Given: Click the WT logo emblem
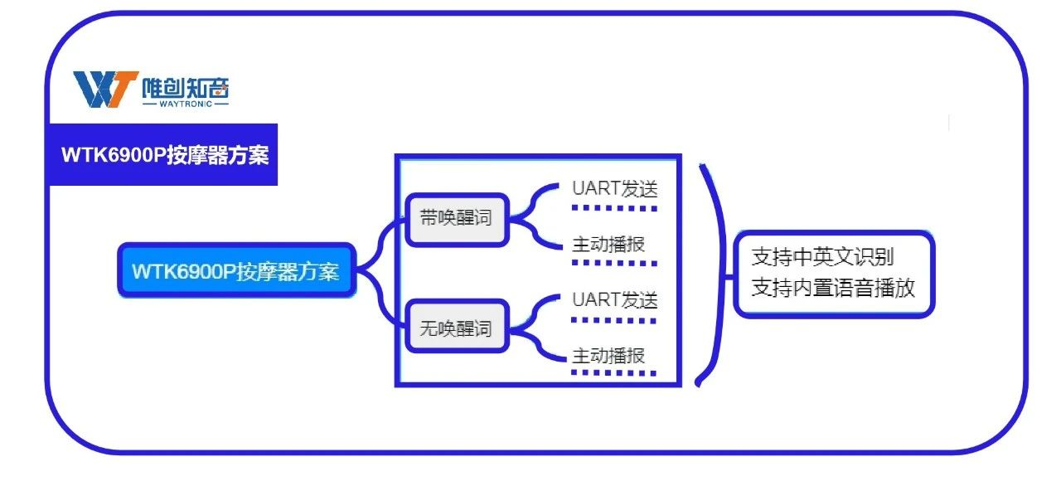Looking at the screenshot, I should [104, 89].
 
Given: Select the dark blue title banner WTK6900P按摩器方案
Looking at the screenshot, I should [164, 155].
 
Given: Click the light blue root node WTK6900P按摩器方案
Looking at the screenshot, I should [236, 271].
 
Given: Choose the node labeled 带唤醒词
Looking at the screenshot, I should [455, 219].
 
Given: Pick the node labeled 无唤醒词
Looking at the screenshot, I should [455, 328].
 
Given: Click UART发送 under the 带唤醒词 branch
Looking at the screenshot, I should [614, 189].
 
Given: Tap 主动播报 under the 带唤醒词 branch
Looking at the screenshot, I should [608, 245].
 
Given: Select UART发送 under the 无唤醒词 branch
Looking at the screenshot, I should [614, 299].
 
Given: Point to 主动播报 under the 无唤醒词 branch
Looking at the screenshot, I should [608, 356].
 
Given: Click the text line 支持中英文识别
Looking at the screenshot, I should [822, 256].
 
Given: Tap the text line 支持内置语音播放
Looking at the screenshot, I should [833, 288].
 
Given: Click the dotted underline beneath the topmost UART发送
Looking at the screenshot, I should [614, 207].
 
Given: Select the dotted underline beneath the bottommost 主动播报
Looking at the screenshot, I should [614, 373].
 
